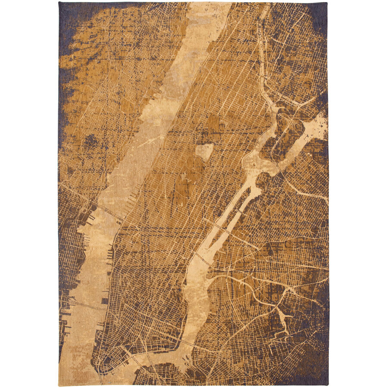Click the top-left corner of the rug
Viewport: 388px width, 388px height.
(x=59, y=3)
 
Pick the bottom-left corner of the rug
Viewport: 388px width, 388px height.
(x=59, y=385)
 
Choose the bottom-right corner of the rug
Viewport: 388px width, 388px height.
(x=328, y=385)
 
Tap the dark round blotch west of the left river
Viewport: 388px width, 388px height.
(x=91, y=141)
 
